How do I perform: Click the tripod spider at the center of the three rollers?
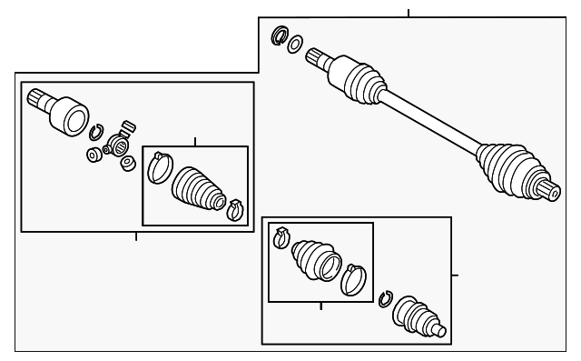[x=117, y=145]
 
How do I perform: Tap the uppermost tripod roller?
[x=128, y=125]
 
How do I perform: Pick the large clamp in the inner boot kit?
[x=160, y=167]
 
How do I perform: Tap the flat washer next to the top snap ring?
[x=296, y=44]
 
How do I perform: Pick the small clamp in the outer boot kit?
[x=281, y=239]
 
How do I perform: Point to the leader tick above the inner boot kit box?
[x=195, y=142]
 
